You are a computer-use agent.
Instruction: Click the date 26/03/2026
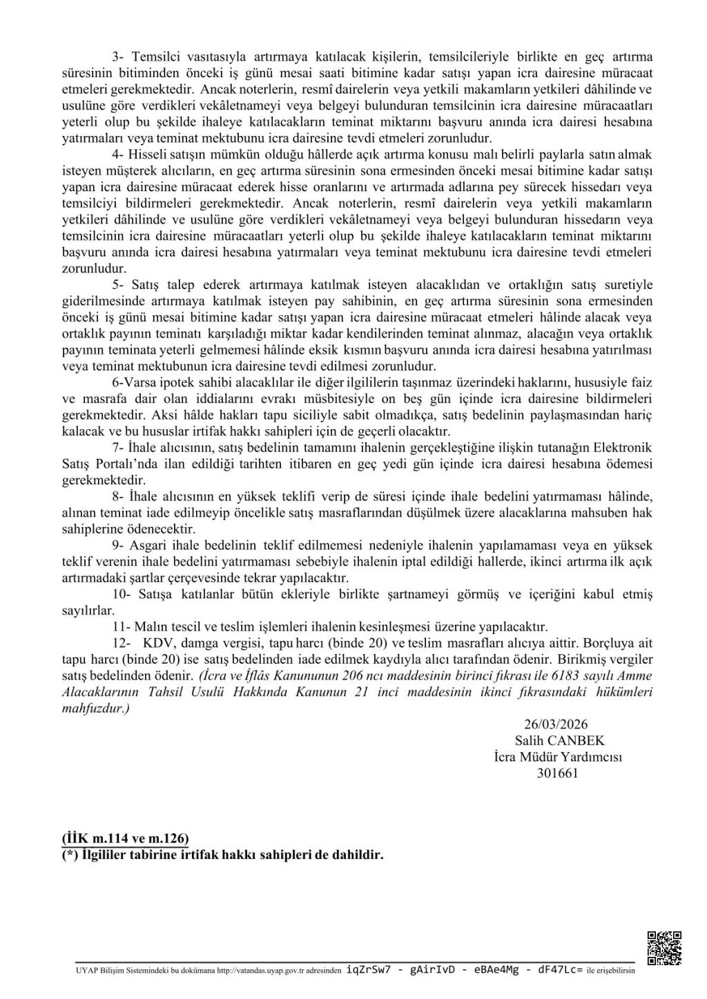coord(556,724)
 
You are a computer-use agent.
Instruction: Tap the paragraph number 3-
coord(119,57)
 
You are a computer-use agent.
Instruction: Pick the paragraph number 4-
coord(119,155)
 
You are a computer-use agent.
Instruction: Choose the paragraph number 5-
coord(119,285)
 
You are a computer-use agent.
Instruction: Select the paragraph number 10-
coord(122,595)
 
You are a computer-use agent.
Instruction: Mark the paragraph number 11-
coord(122,627)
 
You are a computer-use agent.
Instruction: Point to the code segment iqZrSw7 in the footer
coord(369,970)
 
